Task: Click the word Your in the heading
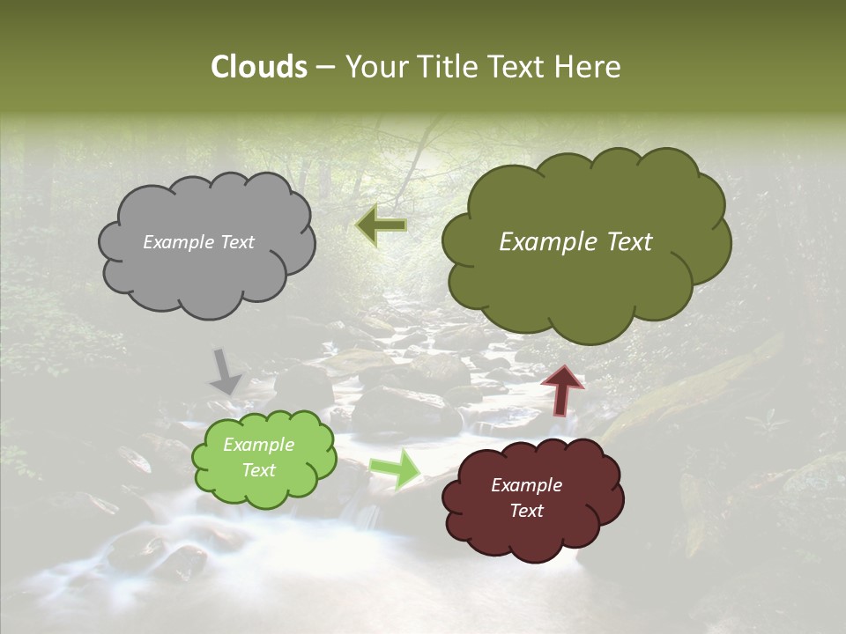373,67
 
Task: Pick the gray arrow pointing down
226,372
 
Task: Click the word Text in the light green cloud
259,470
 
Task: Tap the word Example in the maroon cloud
526,485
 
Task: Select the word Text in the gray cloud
236,242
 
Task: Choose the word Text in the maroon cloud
526,511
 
